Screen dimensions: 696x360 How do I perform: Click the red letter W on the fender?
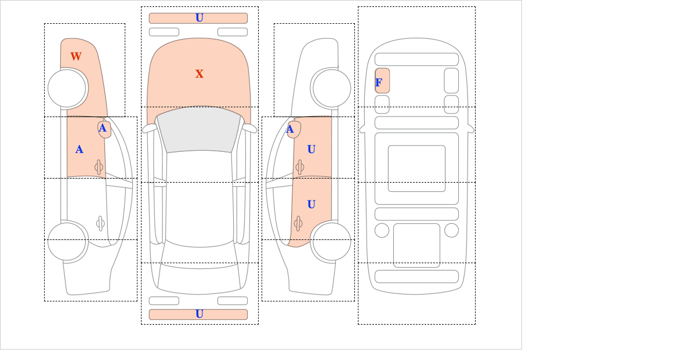tap(76, 57)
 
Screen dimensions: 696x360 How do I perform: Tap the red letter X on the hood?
tap(200, 74)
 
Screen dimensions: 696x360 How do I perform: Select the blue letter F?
tap(379, 83)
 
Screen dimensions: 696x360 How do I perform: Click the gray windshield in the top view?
tap(199, 129)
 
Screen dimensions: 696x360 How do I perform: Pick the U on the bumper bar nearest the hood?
tap(200, 18)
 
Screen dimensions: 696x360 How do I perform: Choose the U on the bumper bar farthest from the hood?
tap(200, 314)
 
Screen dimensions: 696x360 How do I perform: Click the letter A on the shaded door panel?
tap(79, 150)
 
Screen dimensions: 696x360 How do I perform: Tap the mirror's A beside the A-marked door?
tap(103, 128)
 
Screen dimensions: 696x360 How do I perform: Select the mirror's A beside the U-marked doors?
tap(290, 129)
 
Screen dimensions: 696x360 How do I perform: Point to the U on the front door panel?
tap(311, 150)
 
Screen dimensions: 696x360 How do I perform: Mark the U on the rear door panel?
tap(311, 205)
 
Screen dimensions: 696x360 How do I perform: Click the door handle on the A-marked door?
tap(99, 168)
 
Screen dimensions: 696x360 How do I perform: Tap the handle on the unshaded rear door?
tap(100, 223)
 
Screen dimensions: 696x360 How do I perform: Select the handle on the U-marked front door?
tap(300, 168)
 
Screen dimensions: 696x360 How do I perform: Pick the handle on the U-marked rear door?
tap(298, 223)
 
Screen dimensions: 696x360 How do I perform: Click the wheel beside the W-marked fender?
tap(67, 88)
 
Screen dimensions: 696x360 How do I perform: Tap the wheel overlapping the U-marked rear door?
tap(332, 241)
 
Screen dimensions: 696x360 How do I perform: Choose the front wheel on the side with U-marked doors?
tap(332, 88)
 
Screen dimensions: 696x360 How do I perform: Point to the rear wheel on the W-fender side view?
tap(67, 241)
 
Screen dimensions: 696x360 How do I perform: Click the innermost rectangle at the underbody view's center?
tap(416, 169)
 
